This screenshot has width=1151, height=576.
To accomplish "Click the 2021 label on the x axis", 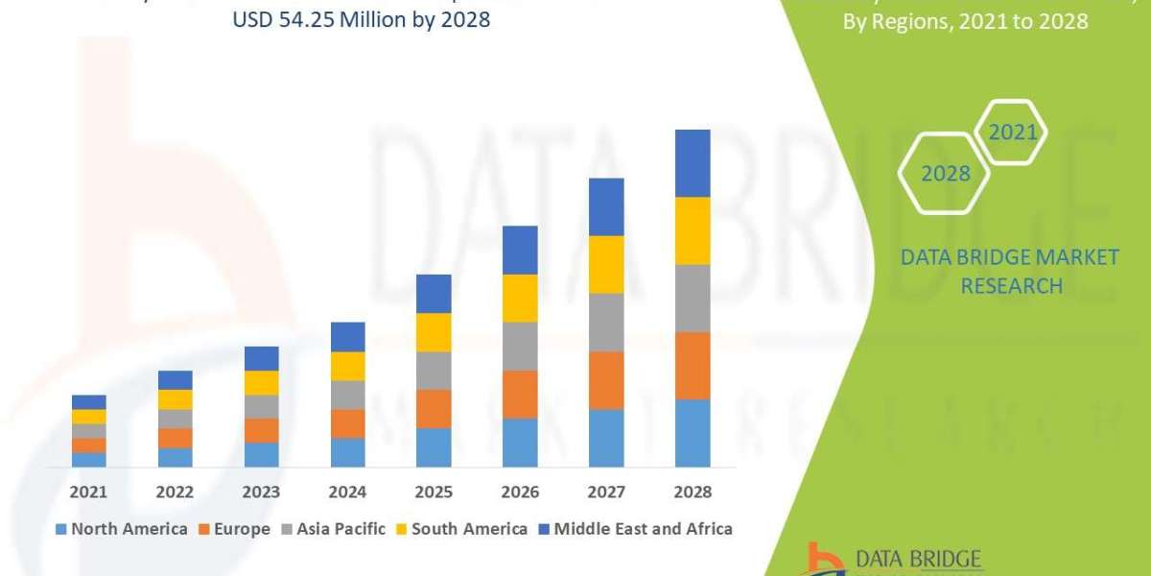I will (x=88, y=492).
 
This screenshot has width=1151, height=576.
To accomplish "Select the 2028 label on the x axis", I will (x=693, y=492).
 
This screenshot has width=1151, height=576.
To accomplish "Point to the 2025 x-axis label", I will (x=434, y=492).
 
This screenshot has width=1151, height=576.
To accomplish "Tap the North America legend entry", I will (x=122, y=529).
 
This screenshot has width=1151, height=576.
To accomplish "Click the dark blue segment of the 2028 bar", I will (x=693, y=163).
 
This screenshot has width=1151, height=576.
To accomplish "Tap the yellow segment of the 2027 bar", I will (x=606, y=264).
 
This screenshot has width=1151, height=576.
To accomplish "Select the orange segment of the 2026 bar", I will (x=520, y=394).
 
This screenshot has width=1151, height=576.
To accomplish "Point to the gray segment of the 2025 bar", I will (x=434, y=371).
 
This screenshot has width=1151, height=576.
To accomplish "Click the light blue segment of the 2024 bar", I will (x=347, y=452).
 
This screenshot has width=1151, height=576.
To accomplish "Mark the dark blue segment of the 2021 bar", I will (x=88, y=401).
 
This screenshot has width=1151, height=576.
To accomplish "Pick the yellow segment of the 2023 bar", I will (x=261, y=382).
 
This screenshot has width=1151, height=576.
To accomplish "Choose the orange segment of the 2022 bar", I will (x=175, y=438).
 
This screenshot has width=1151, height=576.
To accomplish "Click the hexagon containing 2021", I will (x=1012, y=132).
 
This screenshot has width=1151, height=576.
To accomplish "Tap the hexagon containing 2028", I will (x=944, y=174).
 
